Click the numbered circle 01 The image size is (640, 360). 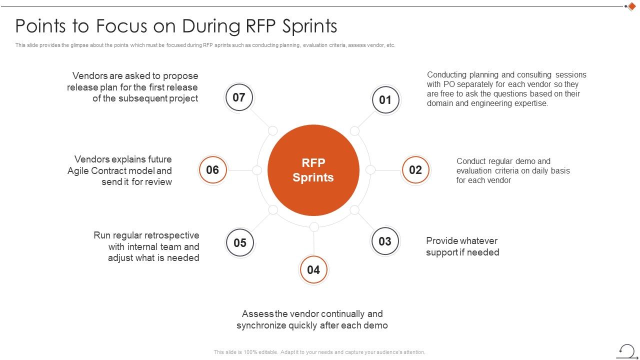385,100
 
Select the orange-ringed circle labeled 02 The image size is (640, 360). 415,170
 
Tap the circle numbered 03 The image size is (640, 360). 385,241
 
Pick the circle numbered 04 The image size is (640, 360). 313,270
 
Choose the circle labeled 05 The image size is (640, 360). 240,242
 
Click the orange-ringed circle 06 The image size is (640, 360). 212,170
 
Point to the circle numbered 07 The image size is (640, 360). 239,97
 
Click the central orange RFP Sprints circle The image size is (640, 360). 313,170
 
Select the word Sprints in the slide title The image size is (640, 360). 308,25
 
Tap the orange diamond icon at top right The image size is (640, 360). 631,6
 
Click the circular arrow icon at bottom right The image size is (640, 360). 627,350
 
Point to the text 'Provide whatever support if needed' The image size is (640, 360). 462,246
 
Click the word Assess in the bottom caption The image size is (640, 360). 258,314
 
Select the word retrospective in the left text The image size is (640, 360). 172,235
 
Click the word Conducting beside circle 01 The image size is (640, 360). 447,75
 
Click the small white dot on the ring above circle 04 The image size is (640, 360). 314,227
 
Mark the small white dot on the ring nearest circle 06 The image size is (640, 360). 257,170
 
